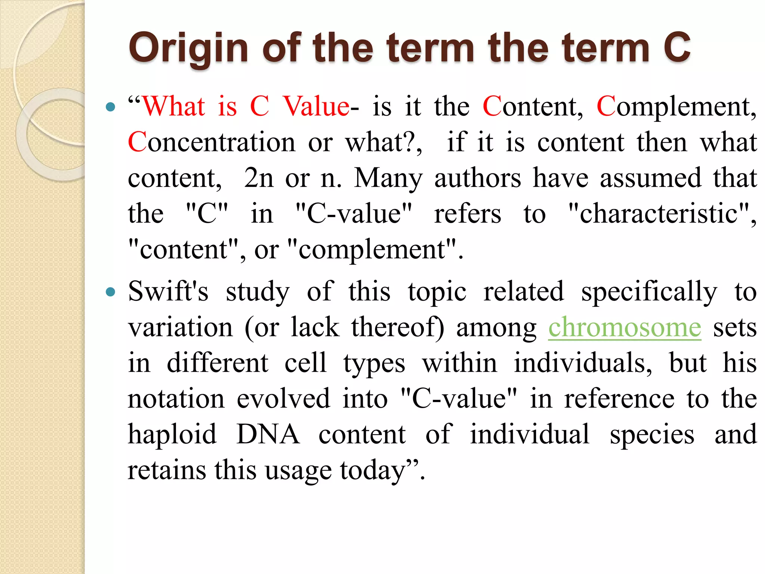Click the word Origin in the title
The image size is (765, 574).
click(x=188, y=49)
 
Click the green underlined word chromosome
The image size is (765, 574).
click(x=625, y=327)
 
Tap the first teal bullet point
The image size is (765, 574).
click(x=110, y=108)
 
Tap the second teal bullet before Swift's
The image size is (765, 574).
click(x=110, y=291)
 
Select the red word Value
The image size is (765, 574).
click(x=316, y=107)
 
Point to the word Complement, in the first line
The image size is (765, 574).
click(x=676, y=107)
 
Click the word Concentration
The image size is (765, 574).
click(x=211, y=143)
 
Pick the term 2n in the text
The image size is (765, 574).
click(x=259, y=178)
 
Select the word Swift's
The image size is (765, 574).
click(x=168, y=291)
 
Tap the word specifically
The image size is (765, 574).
click(x=649, y=292)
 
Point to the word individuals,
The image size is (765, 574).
click(x=583, y=363)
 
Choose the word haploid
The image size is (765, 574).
click(x=172, y=435)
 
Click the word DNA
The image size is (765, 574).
click(x=268, y=435)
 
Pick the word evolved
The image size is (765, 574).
click(x=284, y=399)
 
